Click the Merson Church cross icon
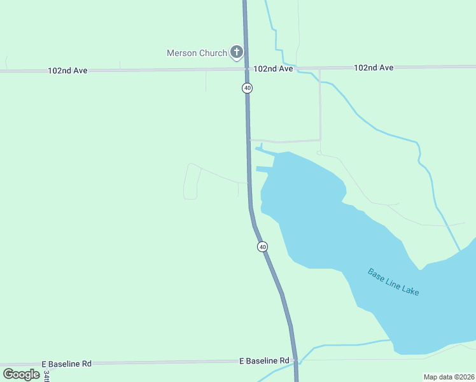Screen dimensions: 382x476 (x=237, y=52)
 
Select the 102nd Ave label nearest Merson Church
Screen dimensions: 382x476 (x=273, y=69)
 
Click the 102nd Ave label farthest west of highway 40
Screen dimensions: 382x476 (x=67, y=71)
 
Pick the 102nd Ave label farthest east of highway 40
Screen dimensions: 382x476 (x=374, y=67)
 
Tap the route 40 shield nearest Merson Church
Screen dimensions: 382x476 (x=247, y=88)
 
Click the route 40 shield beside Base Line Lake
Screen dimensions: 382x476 (x=262, y=246)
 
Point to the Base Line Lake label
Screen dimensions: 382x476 (x=393, y=281)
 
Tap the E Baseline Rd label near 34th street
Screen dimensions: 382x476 (x=67, y=364)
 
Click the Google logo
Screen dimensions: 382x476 (x=21, y=374)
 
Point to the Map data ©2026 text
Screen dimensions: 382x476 (x=449, y=376)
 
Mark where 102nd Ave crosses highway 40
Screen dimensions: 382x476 (x=246, y=69)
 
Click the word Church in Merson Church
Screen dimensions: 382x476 (x=213, y=53)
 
